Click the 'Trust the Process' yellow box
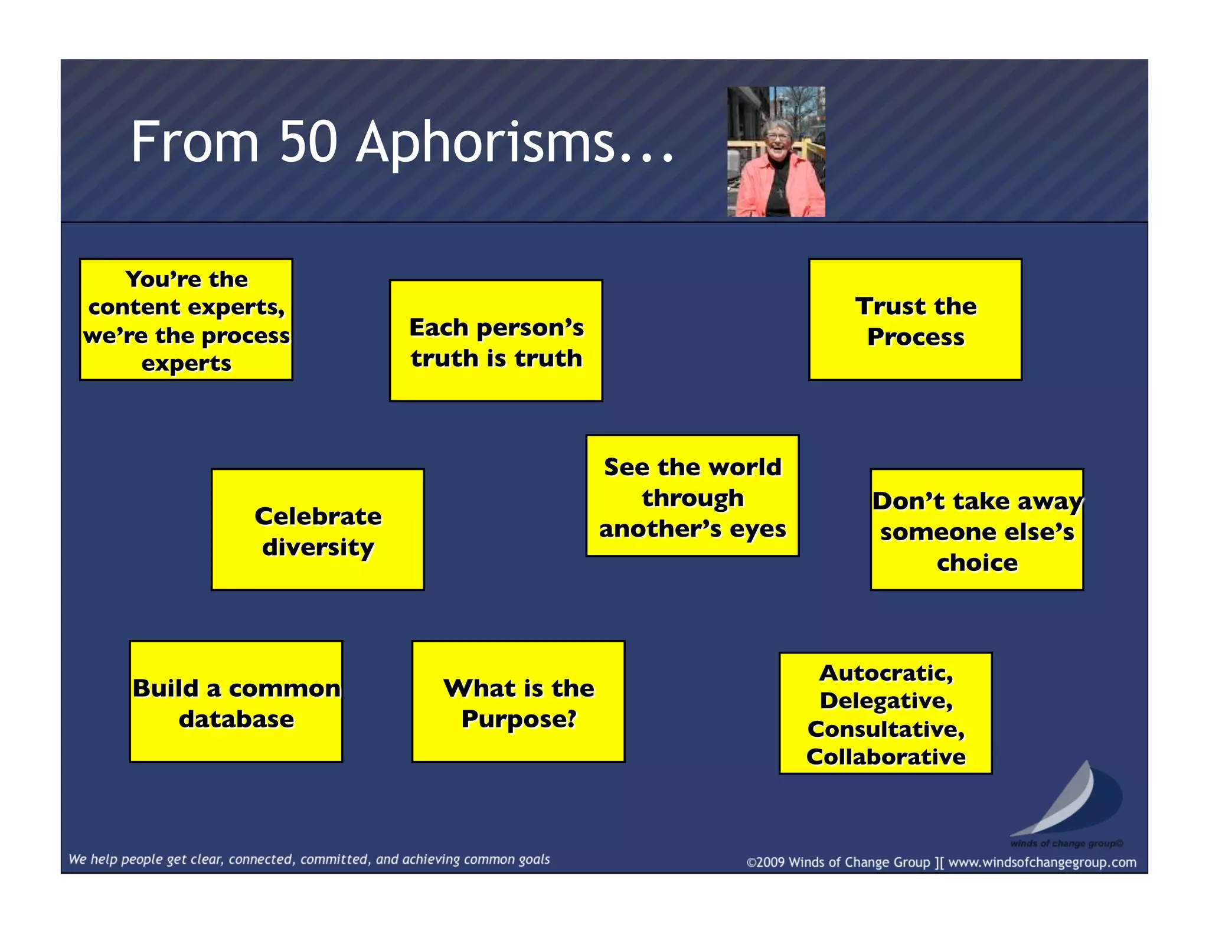point(915,319)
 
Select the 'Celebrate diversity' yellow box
point(318,530)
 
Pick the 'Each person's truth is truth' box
point(496,341)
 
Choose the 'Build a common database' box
point(236,701)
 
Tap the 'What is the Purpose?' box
point(518,701)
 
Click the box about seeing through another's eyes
point(692,496)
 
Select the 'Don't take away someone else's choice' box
point(977,530)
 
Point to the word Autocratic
point(885,672)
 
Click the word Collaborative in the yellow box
point(885,756)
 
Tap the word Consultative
point(885,729)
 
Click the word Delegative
point(885,700)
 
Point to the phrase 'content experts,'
point(187,307)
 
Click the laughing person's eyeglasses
point(776,136)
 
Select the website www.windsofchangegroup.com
point(1042,863)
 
